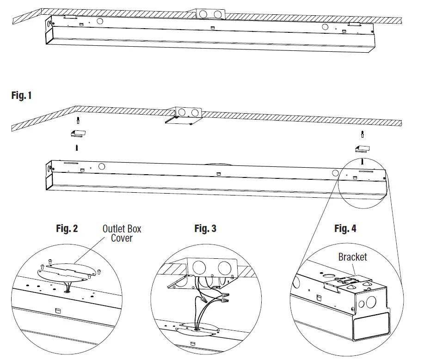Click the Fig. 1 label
21,96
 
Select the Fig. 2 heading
67,228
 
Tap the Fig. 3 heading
205,228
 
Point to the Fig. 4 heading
345,228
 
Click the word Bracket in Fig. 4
352,257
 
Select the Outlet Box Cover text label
122,233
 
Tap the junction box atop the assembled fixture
210,13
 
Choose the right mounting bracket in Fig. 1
362,148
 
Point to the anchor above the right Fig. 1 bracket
362,135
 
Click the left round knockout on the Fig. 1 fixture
101,166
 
